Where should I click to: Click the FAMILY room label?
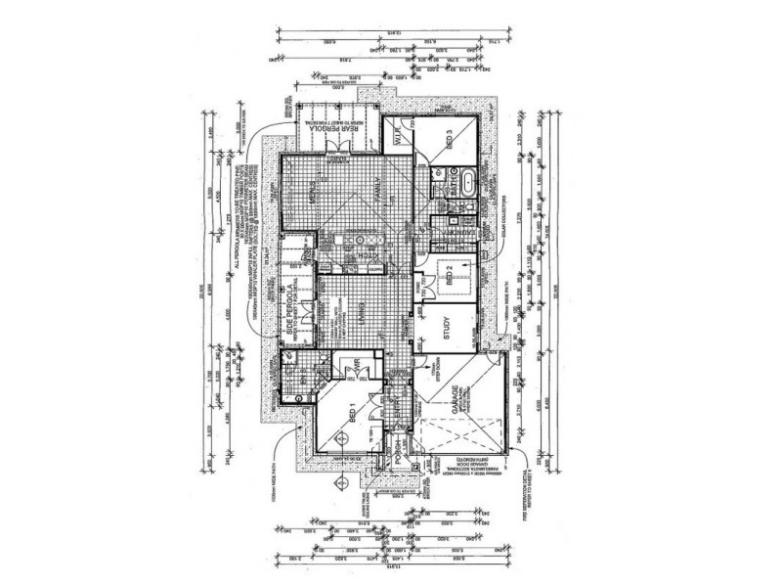(x=383, y=195)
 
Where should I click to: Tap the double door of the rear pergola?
(x=335, y=146)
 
